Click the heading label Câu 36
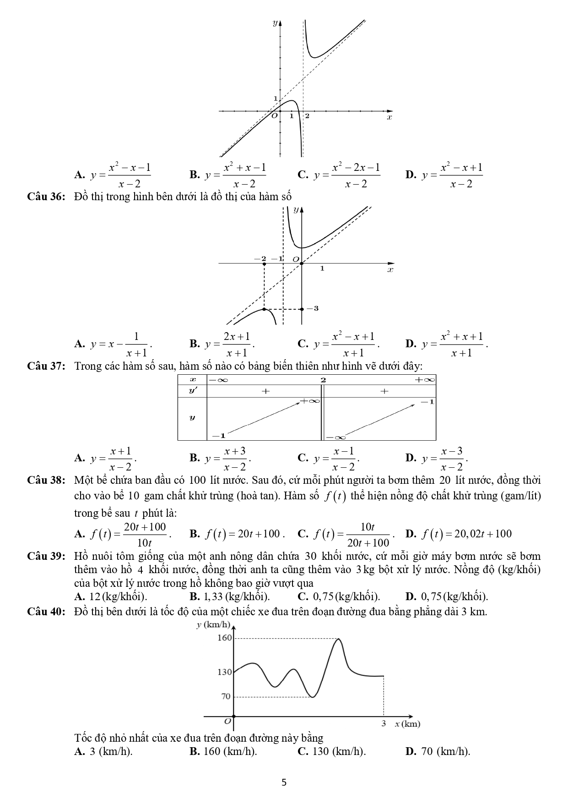coord(47,197)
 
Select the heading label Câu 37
coord(47,366)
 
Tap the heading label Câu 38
coord(47,480)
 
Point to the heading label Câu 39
coord(47,556)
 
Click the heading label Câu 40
coord(47,612)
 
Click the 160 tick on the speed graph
coord(224,638)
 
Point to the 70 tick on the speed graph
coord(226,696)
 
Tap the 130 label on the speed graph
coord(224,672)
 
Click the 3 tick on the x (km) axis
coord(384,723)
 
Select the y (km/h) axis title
coord(213,624)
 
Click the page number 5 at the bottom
coord(284,782)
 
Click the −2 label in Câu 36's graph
coord(260,258)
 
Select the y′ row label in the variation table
coord(192,391)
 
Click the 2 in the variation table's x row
coord(323,380)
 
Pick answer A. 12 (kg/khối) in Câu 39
coord(111,596)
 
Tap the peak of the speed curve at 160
coord(338,639)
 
